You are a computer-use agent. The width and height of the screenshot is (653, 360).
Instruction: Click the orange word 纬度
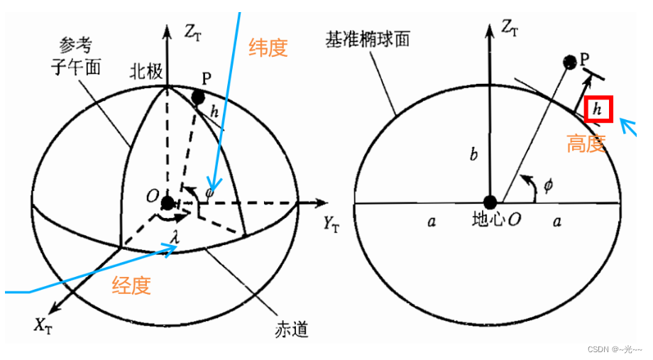point(268,48)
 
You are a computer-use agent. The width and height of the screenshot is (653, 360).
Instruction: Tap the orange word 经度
point(131,285)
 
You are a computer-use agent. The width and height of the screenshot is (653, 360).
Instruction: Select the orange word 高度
point(586,144)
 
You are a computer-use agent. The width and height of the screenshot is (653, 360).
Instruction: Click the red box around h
point(598,109)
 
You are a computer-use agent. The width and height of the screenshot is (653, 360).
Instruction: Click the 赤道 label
point(289,329)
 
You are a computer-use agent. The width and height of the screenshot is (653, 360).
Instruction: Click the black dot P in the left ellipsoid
point(199,97)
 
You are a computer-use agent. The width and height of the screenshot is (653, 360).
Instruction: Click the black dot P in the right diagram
point(569,62)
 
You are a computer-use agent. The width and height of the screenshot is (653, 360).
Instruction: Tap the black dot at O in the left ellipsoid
point(168,203)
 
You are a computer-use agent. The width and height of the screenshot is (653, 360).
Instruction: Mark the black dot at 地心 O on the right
point(489,203)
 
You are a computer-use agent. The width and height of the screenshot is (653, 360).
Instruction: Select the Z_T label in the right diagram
point(510,28)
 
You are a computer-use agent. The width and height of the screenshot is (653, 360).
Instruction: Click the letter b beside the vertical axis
point(473,156)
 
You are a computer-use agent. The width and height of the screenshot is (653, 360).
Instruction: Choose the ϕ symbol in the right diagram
point(547,185)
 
